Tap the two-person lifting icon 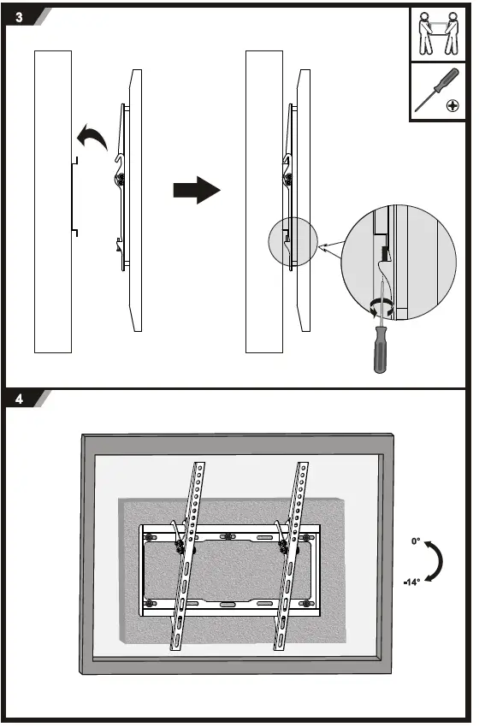point(437,33)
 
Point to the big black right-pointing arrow point(196,190)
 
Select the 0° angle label point(415,541)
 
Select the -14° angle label point(412,582)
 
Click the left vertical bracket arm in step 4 point(188,556)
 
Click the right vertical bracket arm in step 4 point(291,556)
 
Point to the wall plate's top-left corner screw point(151,537)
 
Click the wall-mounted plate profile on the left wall point(74,197)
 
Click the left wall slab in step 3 point(52,201)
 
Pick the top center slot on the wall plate point(228,536)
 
